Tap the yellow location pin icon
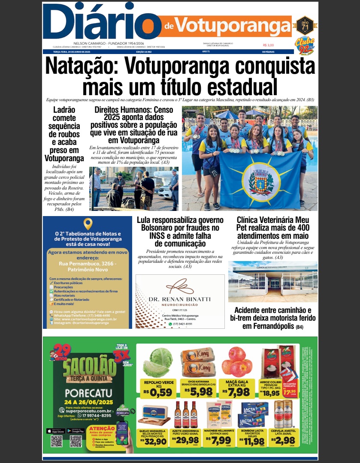88,224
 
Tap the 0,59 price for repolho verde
160,392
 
